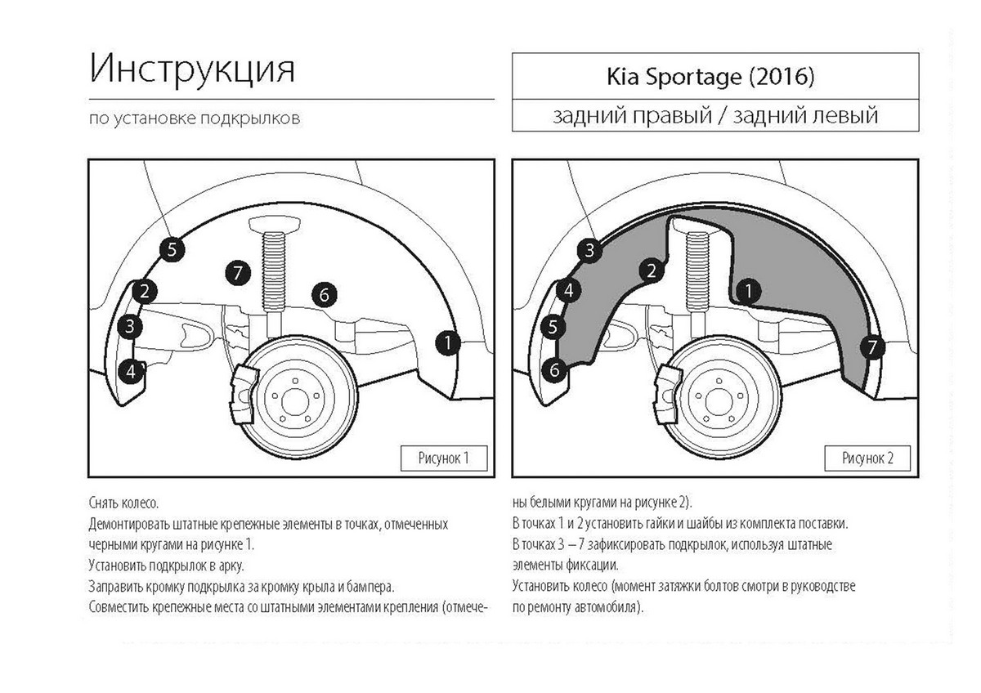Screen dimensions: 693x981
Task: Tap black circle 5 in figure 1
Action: pos(171,250)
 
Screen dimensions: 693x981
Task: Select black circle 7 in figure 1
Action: pos(237,272)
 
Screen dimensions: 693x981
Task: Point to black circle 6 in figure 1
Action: pos(325,294)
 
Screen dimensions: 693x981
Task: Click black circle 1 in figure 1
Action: pos(447,343)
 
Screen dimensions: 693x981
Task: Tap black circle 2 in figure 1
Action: pos(145,290)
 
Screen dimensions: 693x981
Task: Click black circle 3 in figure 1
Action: pos(130,328)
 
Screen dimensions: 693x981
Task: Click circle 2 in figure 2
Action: pos(652,270)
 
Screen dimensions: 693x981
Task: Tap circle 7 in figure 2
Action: pos(872,347)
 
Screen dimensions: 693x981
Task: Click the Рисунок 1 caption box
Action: pos(444,458)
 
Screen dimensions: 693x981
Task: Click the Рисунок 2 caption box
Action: pos(868,458)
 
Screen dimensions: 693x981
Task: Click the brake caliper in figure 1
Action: pos(246,393)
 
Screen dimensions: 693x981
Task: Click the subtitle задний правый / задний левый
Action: pos(714,115)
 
